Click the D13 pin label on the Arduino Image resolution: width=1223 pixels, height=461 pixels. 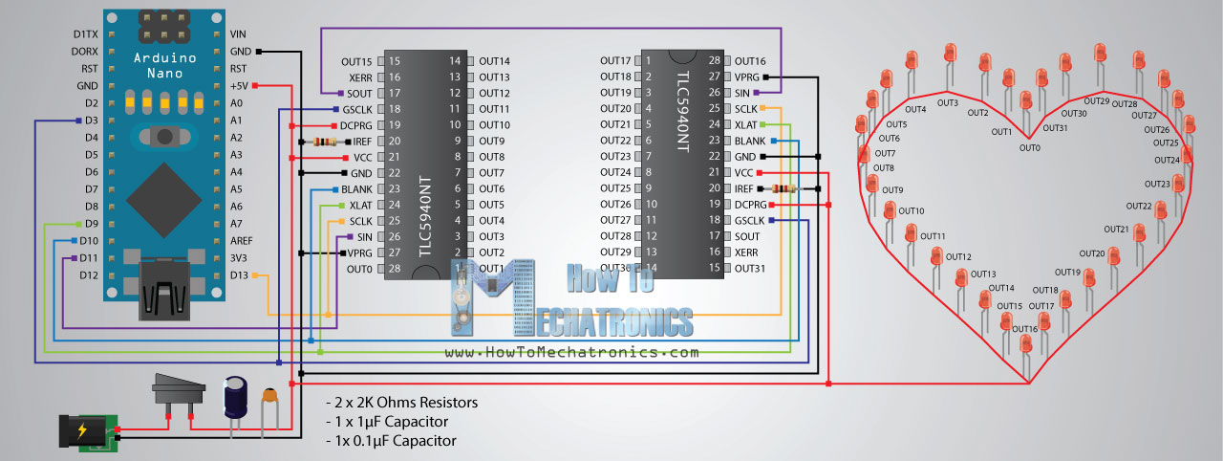tap(239, 275)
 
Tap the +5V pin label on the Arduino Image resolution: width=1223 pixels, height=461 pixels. tap(239, 86)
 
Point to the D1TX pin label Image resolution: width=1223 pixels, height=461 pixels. tap(86, 34)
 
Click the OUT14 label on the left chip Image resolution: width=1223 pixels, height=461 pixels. tap(494, 61)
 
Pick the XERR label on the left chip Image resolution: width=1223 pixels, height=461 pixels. tap(360, 77)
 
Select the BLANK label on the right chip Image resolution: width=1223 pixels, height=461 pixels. tap(749, 141)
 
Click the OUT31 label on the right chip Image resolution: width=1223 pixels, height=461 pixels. tap(750, 268)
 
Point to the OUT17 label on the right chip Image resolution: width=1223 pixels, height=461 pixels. tap(616, 61)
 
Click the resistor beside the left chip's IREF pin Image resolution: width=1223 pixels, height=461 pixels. tap(324, 142)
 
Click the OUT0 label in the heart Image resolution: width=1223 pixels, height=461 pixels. tap(1029, 147)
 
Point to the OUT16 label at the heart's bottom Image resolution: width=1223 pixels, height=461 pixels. tap(1024, 329)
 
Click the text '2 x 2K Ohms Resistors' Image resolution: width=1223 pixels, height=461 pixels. tap(401, 403)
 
